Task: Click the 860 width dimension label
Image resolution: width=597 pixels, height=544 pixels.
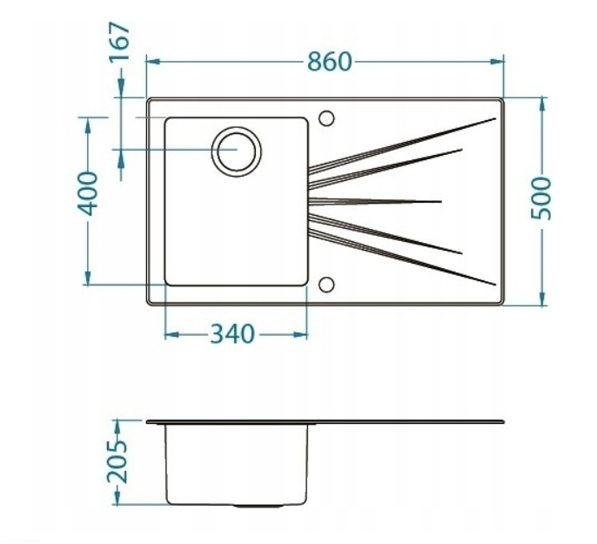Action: tap(329, 62)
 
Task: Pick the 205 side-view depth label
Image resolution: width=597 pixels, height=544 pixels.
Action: tap(119, 461)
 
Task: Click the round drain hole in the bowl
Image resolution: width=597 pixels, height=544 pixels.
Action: tap(237, 150)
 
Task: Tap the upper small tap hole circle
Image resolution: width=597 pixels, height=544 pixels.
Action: tap(327, 118)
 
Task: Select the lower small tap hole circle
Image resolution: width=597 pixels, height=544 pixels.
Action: tap(327, 285)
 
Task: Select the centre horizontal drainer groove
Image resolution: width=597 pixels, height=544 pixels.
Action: tap(374, 201)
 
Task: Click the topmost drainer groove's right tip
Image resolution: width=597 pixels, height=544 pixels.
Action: tap(493, 118)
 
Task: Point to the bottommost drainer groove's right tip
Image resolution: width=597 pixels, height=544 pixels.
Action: tap(493, 284)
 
